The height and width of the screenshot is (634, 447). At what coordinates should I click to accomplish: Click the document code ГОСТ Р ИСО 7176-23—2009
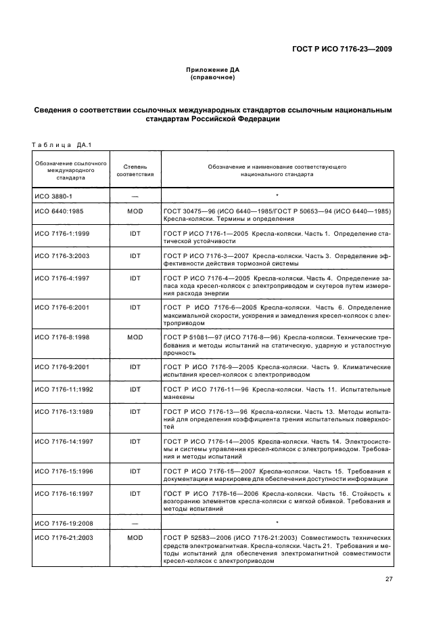pyautogui.click(x=342, y=49)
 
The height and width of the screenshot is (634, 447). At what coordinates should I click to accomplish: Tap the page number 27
pyautogui.click(x=388, y=579)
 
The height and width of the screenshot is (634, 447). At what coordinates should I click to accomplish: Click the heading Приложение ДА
pyautogui.click(x=212, y=70)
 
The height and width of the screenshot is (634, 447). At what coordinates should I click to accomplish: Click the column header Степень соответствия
pyautogui.click(x=135, y=169)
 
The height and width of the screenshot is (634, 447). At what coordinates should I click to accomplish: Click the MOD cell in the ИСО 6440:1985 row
pyautogui.click(x=135, y=211)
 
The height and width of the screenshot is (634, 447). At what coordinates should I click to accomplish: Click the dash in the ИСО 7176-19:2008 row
pyautogui.click(x=135, y=524)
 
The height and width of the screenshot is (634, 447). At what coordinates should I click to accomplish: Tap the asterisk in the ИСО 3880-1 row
pyautogui.click(x=277, y=195)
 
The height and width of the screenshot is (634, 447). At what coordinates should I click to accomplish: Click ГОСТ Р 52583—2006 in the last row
pyautogui.click(x=195, y=538)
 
